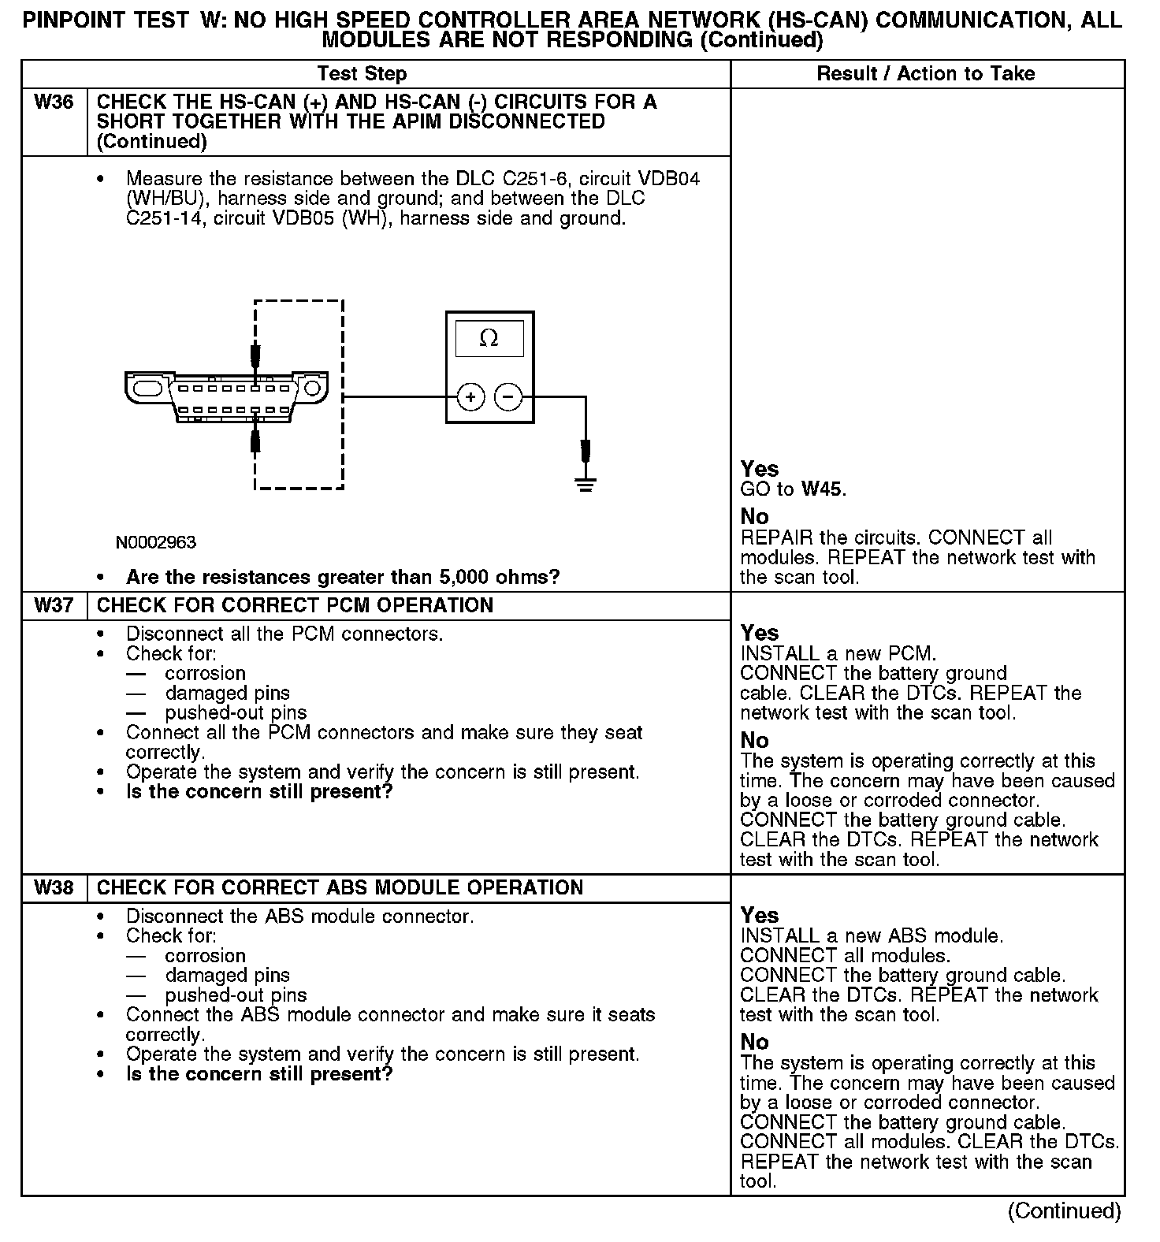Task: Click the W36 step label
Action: point(54,102)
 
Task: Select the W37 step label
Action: point(54,605)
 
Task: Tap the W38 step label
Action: point(54,888)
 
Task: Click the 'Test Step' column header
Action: point(362,74)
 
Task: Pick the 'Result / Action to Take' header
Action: point(926,74)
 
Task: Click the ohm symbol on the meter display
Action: point(489,339)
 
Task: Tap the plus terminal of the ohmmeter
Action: point(470,397)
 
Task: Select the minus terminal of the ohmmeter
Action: point(508,397)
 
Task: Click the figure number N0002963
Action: point(156,542)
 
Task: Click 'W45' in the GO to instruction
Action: point(822,489)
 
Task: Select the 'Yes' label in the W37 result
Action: point(760,633)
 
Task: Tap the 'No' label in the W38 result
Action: point(755,1042)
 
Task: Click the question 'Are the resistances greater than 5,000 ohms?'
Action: point(343,577)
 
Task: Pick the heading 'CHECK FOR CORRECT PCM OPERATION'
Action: point(295,605)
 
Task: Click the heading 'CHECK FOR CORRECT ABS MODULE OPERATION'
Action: point(340,888)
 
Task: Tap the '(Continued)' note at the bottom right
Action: point(1064,1210)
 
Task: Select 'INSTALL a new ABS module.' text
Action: point(872,936)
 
